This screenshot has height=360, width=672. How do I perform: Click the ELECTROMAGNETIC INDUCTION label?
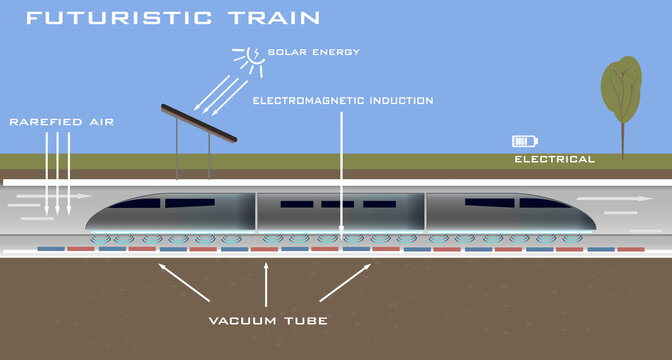coord(342,101)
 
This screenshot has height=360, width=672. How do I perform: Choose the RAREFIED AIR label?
coord(61,122)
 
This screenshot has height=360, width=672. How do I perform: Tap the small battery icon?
coord(522,142)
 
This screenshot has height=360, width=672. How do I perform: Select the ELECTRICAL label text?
coord(554,159)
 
